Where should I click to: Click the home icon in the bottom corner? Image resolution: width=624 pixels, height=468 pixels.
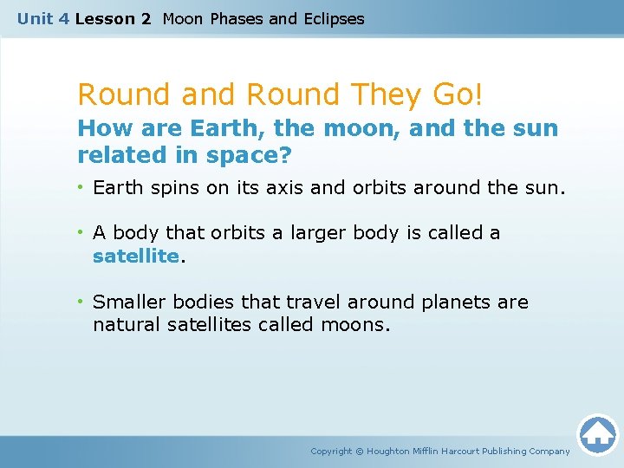click(597, 433)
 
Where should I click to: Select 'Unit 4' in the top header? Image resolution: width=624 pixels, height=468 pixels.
click(42, 18)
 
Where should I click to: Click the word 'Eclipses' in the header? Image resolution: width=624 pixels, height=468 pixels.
click(333, 18)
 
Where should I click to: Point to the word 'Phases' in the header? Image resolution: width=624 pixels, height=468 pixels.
click(237, 18)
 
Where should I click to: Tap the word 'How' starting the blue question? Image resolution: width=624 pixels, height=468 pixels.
click(99, 129)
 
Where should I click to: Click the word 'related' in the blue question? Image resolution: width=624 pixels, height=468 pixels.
click(118, 155)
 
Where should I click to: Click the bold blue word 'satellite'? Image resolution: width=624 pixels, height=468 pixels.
click(136, 257)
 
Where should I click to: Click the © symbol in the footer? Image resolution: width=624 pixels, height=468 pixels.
click(360, 451)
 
